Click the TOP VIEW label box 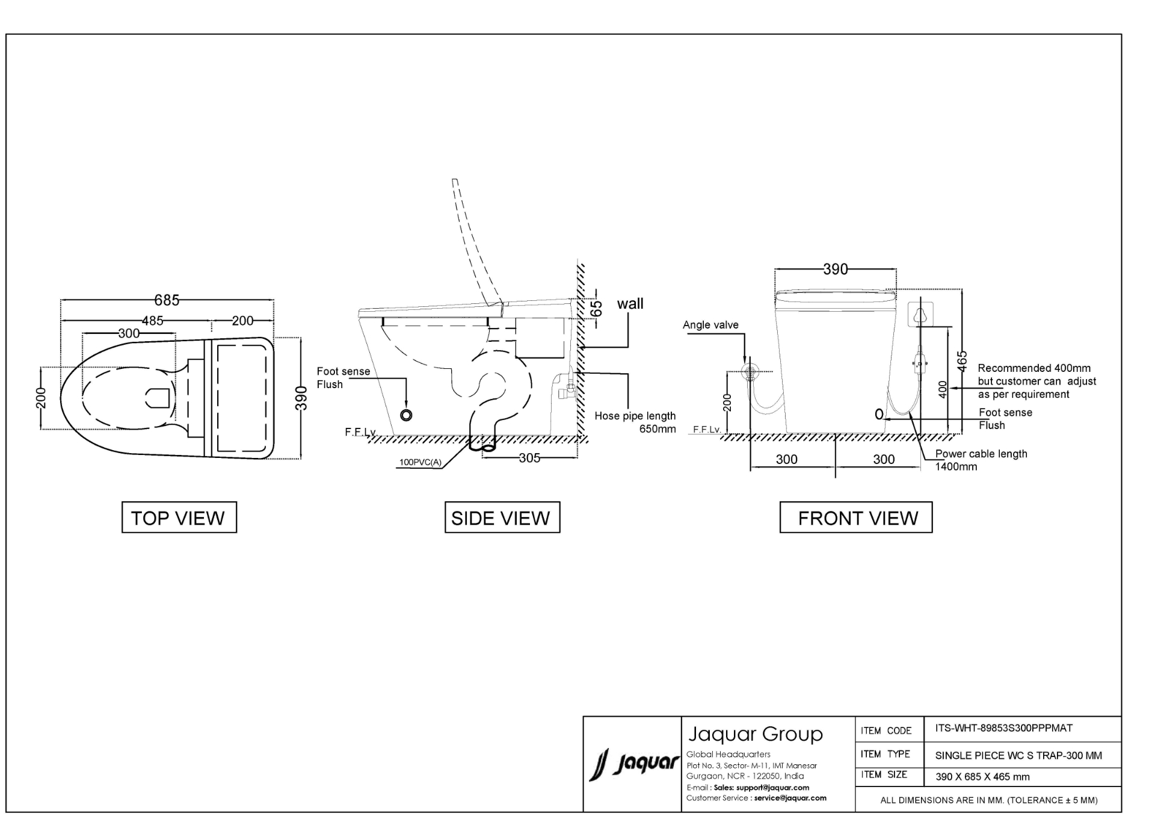click(x=179, y=517)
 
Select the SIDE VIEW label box click(x=502, y=517)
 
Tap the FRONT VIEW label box click(x=856, y=517)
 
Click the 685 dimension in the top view click(x=167, y=300)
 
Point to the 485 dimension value click(x=152, y=321)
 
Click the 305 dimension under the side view click(x=529, y=458)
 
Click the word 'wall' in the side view click(x=630, y=304)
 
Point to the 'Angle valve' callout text click(x=710, y=325)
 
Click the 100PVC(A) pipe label click(x=420, y=463)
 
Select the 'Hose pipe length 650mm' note click(x=635, y=422)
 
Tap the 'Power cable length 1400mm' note click(x=981, y=460)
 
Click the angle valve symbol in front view click(x=750, y=371)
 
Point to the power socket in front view click(x=920, y=314)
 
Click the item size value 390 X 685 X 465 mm click(x=982, y=777)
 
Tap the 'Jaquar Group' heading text click(x=756, y=734)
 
